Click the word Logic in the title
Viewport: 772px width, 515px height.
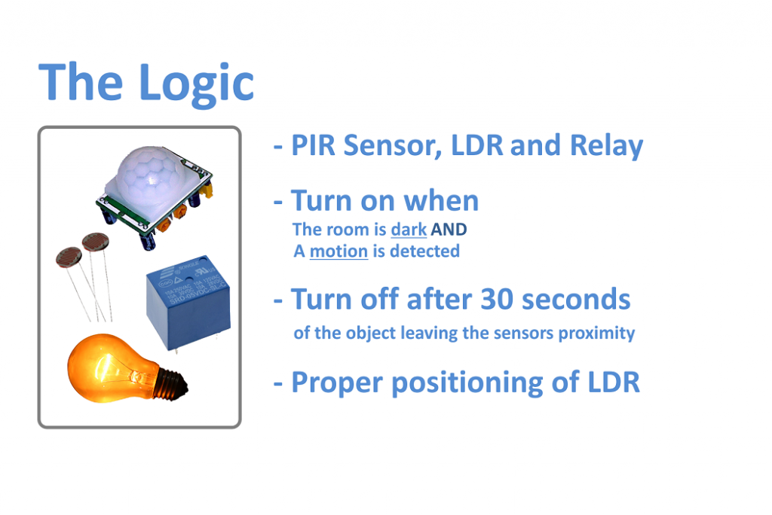tap(197, 84)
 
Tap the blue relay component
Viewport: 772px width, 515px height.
tap(188, 300)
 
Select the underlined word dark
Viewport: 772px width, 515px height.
tap(409, 230)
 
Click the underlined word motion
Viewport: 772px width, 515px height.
tap(339, 251)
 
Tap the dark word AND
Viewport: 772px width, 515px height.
tap(449, 230)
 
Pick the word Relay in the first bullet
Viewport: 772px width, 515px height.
tap(607, 146)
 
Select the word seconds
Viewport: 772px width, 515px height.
tap(576, 299)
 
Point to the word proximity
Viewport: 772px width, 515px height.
tap(597, 334)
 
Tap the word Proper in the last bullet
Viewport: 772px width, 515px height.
tap(337, 383)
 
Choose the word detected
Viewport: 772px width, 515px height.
tap(425, 251)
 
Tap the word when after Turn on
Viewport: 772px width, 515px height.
tap(441, 201)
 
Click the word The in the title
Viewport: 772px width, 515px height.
tap(80, 82)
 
